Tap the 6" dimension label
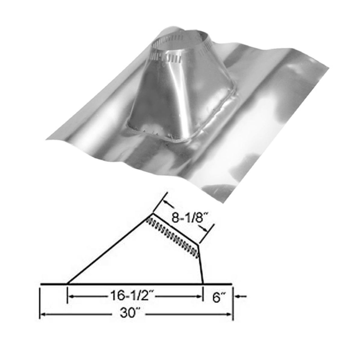(216, 298)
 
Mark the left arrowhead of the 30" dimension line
(43, 314)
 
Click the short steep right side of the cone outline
(201, 265)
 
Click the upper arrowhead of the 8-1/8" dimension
(166, 202)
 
